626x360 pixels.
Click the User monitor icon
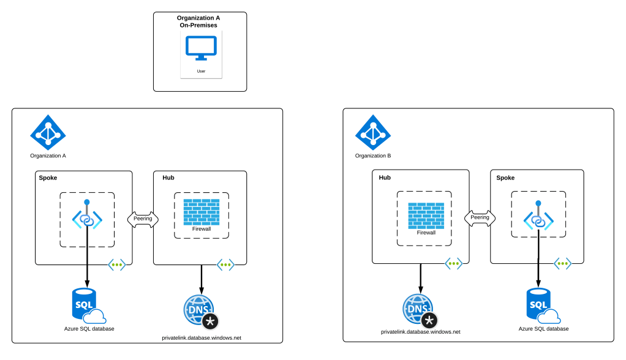201,48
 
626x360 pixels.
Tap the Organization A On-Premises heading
198,21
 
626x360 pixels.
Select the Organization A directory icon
48,132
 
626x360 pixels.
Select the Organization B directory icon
372,132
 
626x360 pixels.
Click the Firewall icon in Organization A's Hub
202,211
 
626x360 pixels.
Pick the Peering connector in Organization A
143,218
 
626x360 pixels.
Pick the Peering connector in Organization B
480,217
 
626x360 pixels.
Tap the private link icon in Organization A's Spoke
87,217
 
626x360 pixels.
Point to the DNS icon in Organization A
201,312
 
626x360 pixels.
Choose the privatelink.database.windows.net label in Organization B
420,331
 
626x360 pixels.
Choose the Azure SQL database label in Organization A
89,329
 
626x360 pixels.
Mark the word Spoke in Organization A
48,178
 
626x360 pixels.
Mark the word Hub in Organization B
385,178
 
